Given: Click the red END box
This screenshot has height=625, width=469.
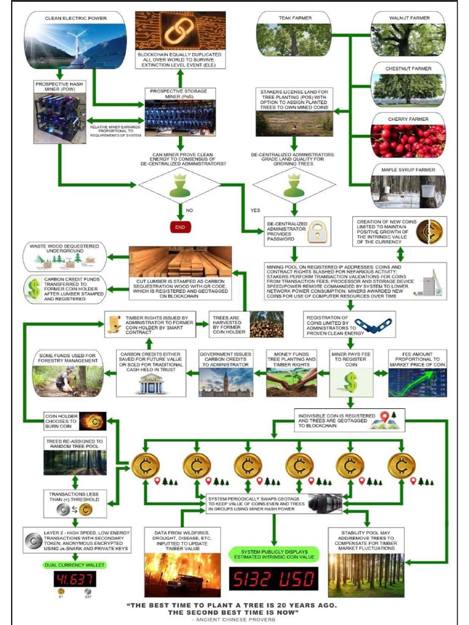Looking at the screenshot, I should pyautogui.click(x=180, y=226).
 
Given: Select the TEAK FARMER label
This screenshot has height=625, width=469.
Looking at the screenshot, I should pyautogui.click(x=294, y=18).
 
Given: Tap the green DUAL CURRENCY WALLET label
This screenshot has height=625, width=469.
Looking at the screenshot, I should pyautogui.click(x=74, y=565).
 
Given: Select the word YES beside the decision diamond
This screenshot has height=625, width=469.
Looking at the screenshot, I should pyautogui.click(x=255, y=211).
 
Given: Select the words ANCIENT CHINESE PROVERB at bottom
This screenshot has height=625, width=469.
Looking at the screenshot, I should pyautogui.click(x=234, y=619).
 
